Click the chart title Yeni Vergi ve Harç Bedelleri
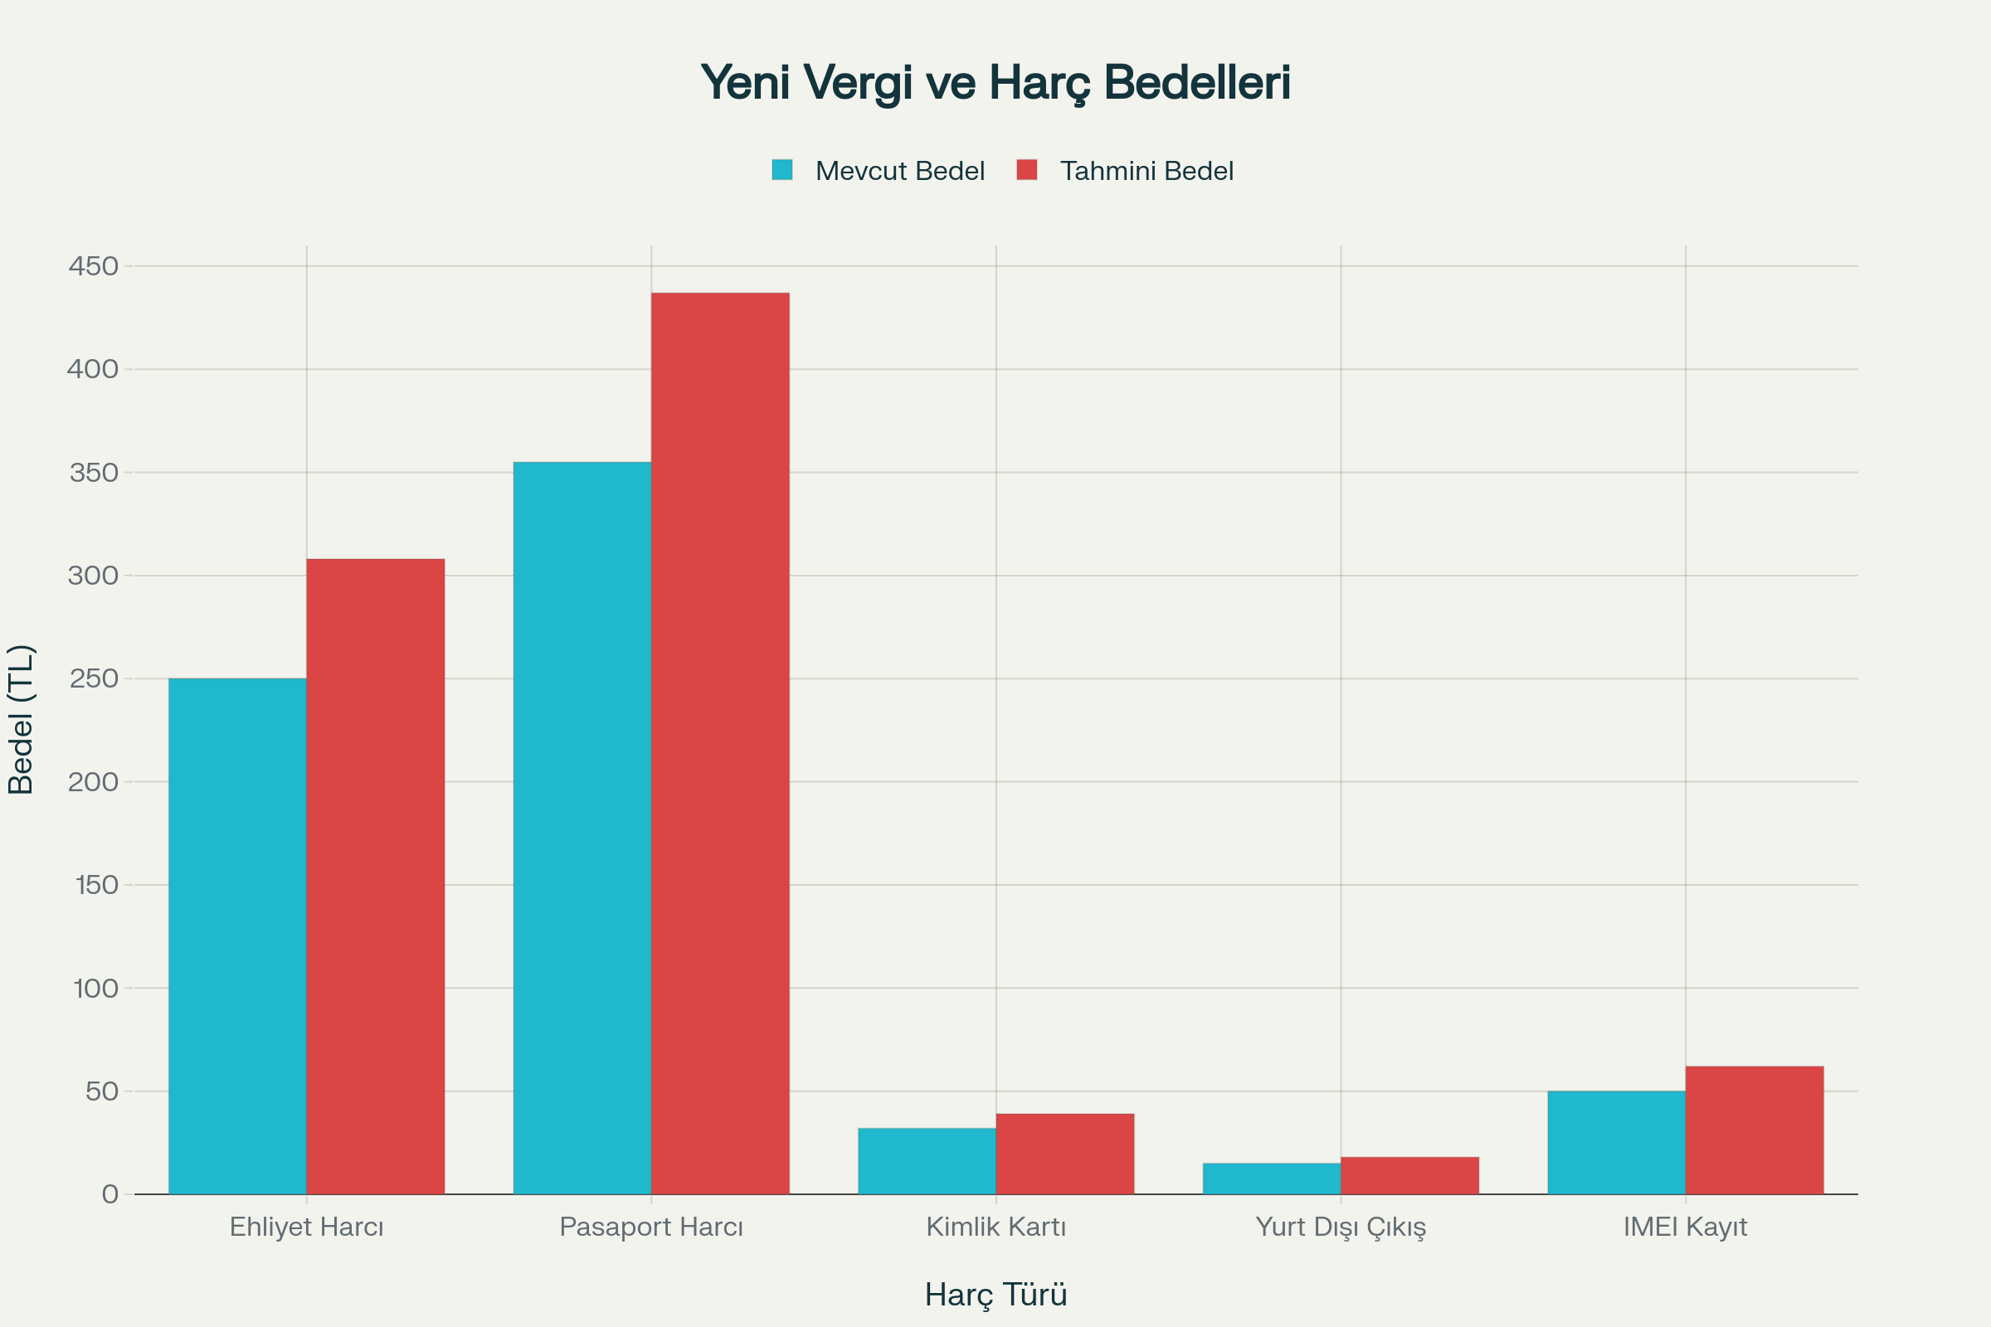(x=995, y=83)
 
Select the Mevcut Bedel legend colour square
(x=781, y=170)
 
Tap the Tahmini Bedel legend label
(x=1146, y=171)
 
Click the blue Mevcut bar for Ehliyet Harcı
(x=237, y=936)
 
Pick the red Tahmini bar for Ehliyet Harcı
(x=375, y=876)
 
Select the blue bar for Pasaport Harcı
(x=582, y=828)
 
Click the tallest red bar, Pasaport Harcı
(x=719, y=743)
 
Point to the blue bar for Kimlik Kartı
(x=926, y=1160)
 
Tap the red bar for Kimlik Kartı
(x=1064, y=1154)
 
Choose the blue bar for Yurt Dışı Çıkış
(x=1272, y=1178)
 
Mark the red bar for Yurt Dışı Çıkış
(x=1409, y=1175)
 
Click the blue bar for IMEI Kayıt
(x=1616, y=1143)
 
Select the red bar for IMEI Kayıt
(x=1754, y=1130)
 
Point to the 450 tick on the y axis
(x=94, y=266)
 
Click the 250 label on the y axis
(x=94, y=678)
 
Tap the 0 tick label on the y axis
(x=110, y=1194)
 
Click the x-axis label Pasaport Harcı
(x=651, y=1227)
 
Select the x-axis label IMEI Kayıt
(x=1685, y=1227)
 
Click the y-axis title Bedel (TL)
(x=20, y=719)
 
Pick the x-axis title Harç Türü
(x=995, y=1295)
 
